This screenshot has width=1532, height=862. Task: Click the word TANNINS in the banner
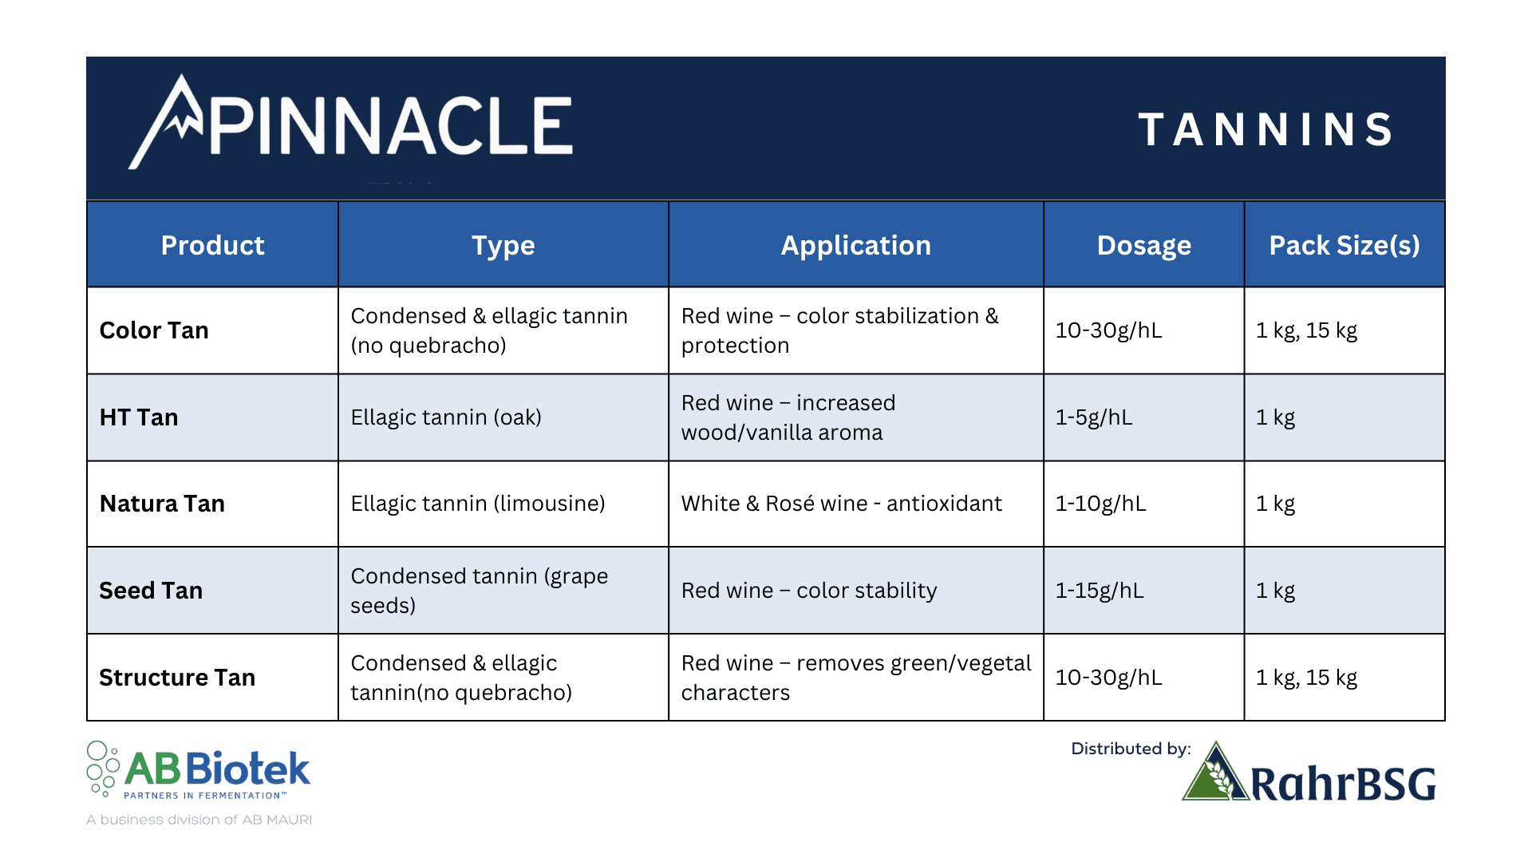[1265, 129]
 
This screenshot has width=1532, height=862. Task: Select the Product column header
[212, 245]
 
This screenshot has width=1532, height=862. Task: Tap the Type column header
[503, 246]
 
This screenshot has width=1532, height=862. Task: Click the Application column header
[855, 246]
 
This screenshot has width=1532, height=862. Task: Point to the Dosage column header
[1143, 246]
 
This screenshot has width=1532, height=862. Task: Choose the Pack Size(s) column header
[1344, 245]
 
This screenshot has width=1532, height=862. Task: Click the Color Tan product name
[154, 330]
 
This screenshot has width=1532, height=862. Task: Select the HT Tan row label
[139, 417]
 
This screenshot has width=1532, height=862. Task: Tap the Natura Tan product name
[162, 504]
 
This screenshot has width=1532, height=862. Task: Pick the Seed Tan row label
[151, 591]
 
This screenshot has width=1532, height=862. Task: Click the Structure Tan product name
[177, 678]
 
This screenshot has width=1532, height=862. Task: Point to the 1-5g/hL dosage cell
[1094, 417]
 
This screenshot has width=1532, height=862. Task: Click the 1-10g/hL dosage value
[1101, 504]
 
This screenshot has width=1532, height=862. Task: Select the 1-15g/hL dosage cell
[1100, 591]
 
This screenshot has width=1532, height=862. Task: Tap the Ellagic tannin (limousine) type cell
[478, 504]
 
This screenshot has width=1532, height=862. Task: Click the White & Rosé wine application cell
[842, 504]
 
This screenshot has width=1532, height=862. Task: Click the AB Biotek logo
[199, 770]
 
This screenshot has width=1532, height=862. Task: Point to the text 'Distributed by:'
[1131, 749]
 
